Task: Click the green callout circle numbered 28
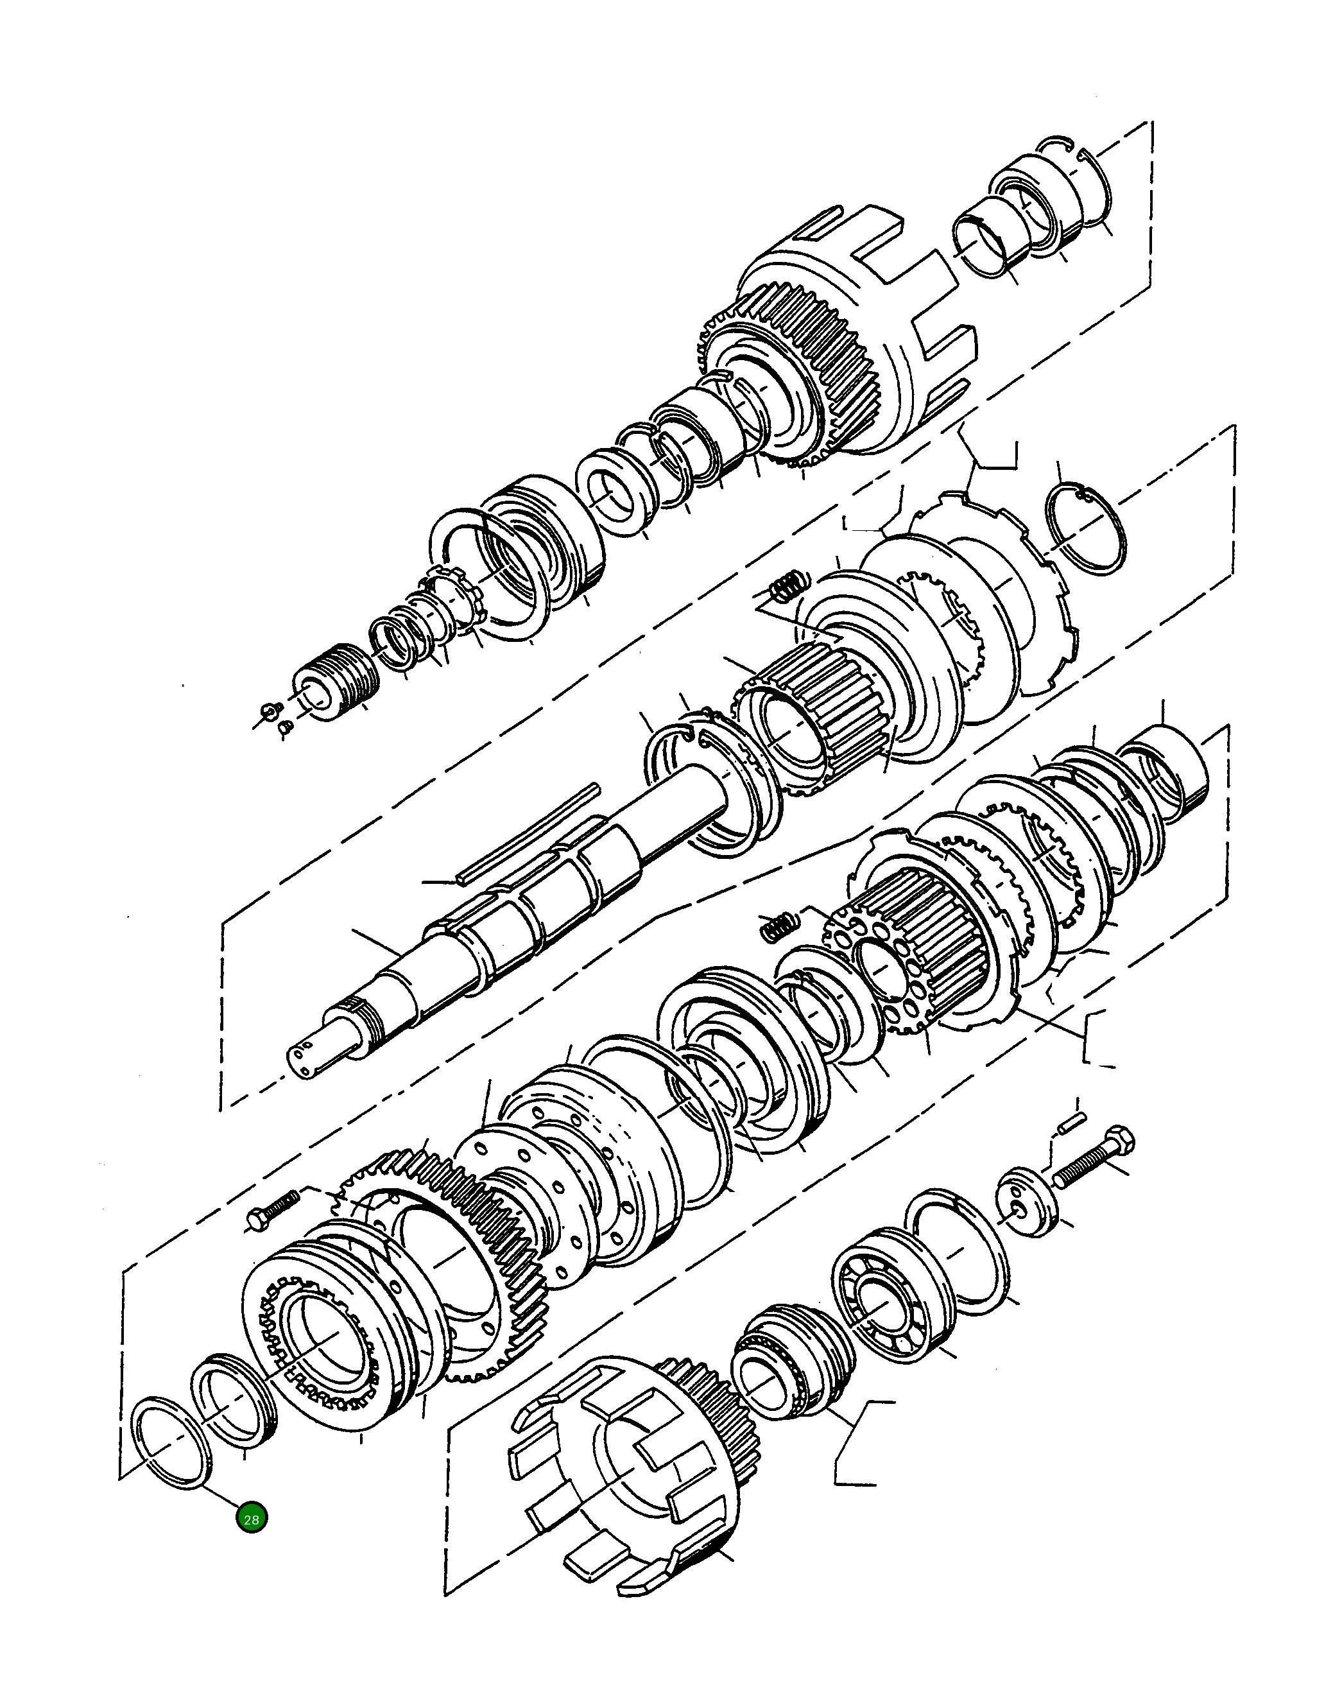252,1519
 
